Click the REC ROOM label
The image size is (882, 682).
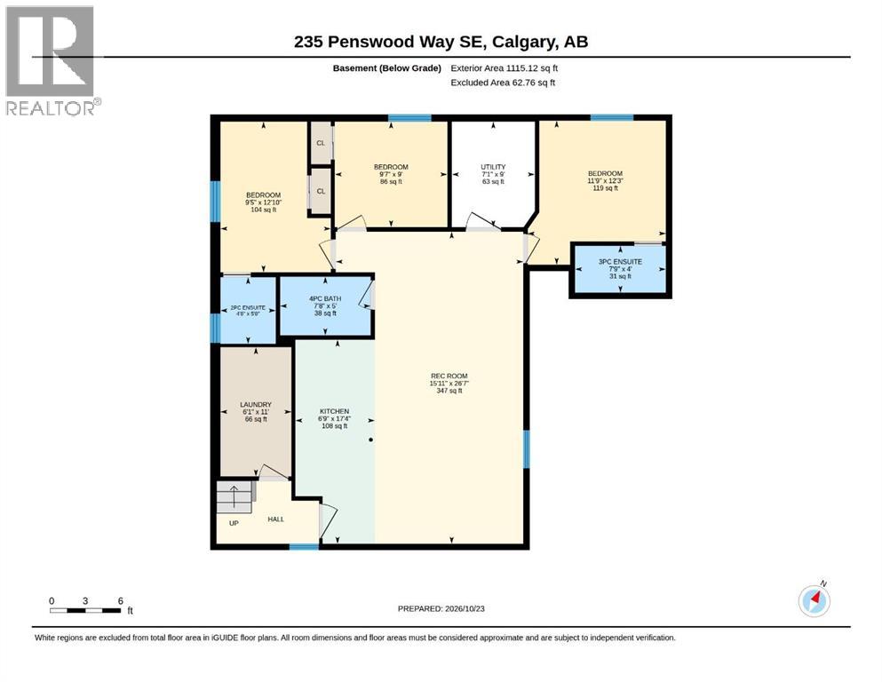click(x=449, y=377)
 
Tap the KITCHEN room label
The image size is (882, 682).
click(x=334, y=411)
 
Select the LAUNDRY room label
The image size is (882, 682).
click(x=256, y=405)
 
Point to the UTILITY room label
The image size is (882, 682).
click(x=493, y=167)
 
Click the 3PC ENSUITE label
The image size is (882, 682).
click(x=620, y=261)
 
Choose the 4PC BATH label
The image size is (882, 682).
click(x=325, y=298)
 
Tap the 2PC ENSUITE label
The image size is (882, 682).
click(x=248, y=307)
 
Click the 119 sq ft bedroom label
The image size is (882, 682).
click(x=605, y=173)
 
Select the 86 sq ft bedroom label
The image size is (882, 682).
click(x=391, y=167)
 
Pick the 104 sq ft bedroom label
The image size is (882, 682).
click(x=263, y=195)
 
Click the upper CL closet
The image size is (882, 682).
click(x=321, y=143)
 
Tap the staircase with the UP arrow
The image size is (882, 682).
click(x=234, y=496)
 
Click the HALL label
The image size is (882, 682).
click(x=275, y=519)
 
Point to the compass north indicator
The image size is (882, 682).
click(x=814, y=600)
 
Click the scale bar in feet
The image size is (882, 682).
click(x=85, y=610)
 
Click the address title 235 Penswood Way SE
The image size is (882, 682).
click(x=391, y=42)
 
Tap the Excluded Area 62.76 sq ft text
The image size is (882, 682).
click(x=503, y=83)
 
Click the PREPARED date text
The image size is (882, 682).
click(x=441, y=608)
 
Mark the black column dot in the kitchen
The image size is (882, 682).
click(x=370, y=440)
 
